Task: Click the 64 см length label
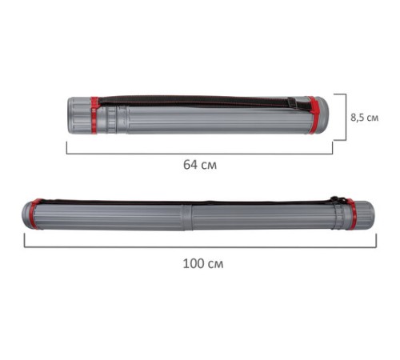(200, 165)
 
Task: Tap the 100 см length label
(203, 264)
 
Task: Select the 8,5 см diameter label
(364, 118)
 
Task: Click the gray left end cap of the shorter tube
(79, 115)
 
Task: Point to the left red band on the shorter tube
(94, 115)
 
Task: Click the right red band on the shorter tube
(313, 115)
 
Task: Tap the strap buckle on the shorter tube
(292, 103)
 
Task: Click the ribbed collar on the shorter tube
(112, 119)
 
